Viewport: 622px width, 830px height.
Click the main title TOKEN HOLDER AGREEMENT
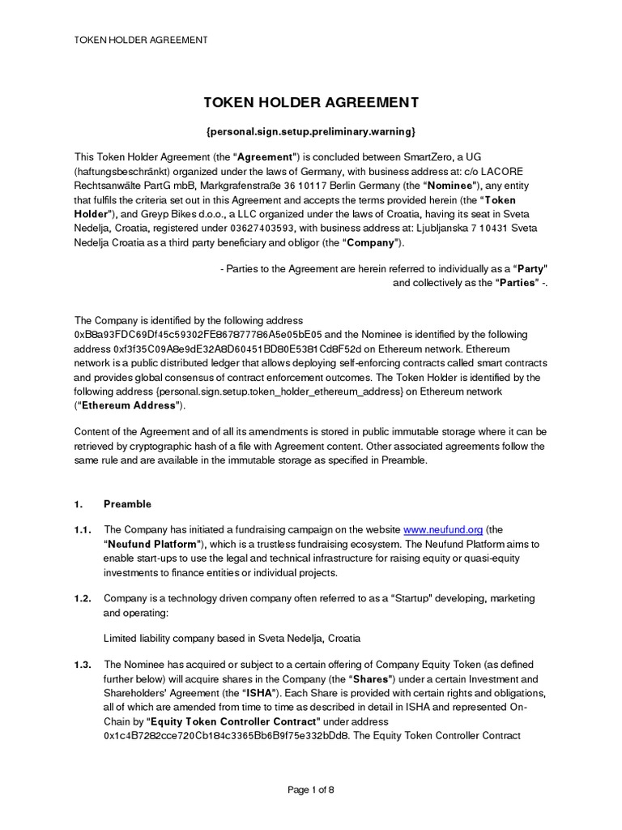click(x=311, y=102)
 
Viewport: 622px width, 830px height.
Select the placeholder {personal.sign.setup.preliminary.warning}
click(x=311, y=130)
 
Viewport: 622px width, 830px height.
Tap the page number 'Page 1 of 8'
click(x=311, y=791)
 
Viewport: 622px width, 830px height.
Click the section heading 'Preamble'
click(x=128, y=504)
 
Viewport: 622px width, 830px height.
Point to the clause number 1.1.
click(x=83, y=529)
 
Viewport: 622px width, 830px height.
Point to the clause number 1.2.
click(x=83, y=598)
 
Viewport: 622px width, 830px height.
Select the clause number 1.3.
click(x=83, y=665)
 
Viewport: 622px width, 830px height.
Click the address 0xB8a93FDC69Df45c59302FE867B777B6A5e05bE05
click(x=198, y=334)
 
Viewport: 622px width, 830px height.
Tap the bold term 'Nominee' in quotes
click(x=436, y=185)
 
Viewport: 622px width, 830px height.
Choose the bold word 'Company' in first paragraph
click(x=371, y=243)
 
